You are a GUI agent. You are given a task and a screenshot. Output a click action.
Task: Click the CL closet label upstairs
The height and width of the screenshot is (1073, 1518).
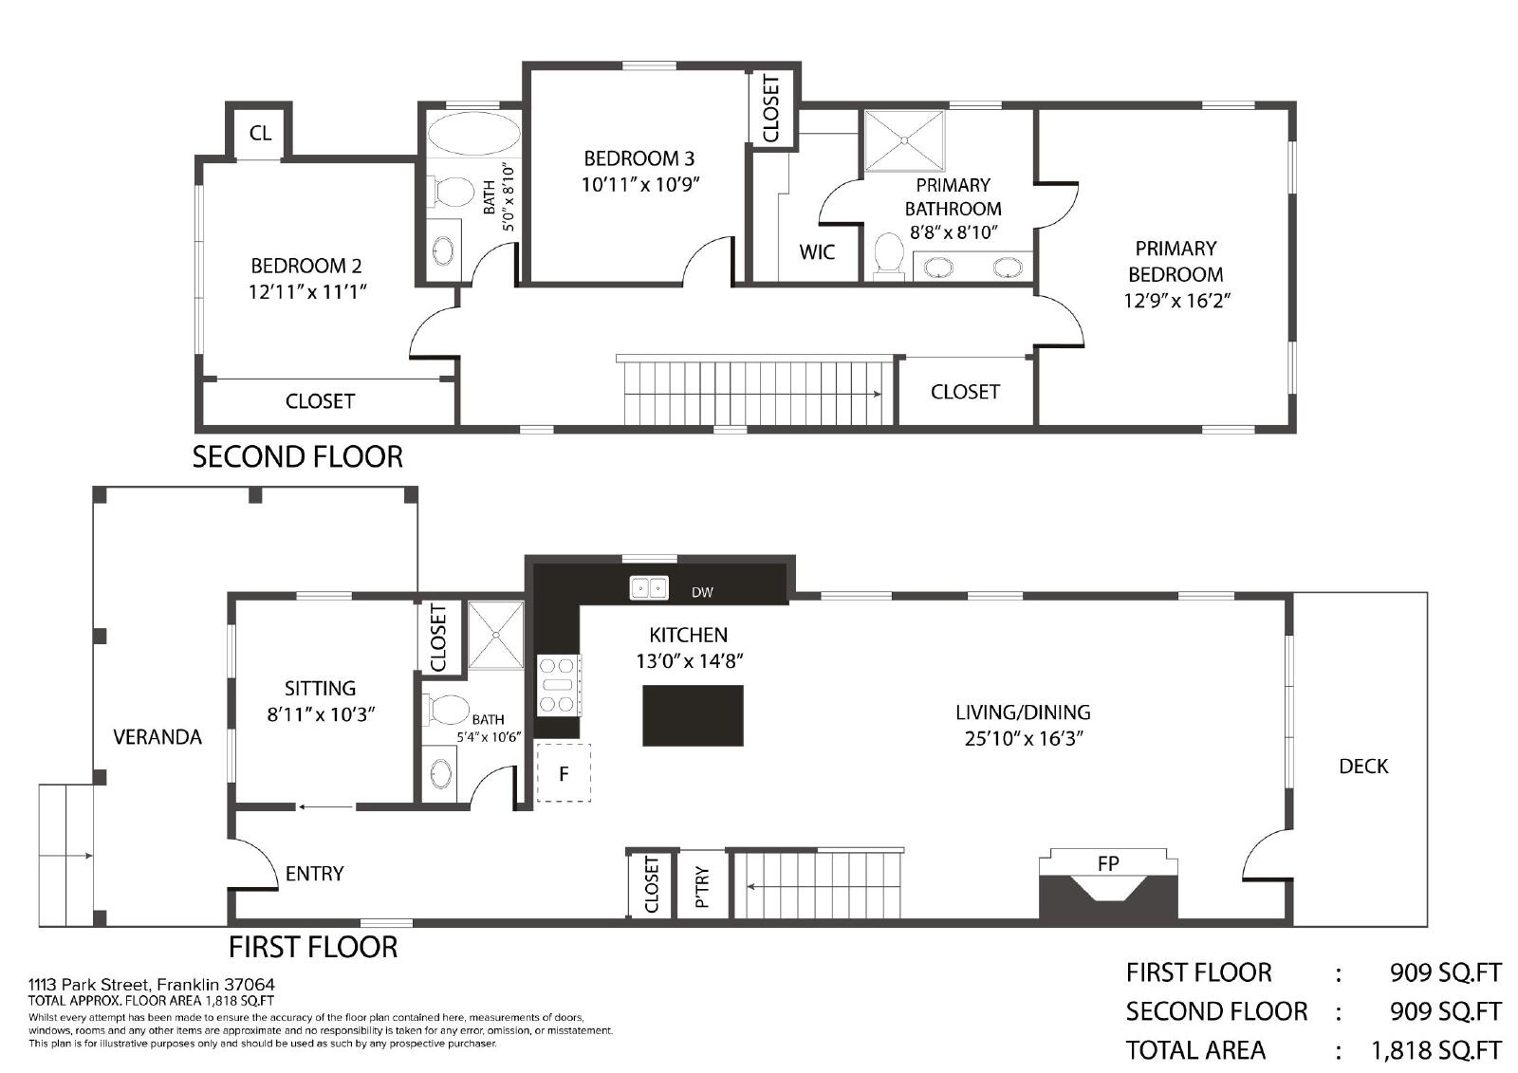(260, 133)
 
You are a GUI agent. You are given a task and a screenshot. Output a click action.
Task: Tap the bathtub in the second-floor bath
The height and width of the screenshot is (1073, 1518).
(473, 134)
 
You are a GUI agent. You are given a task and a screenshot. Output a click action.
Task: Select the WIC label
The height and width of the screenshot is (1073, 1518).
(817, 252)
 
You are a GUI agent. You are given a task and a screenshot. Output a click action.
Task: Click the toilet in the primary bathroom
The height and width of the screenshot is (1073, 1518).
(889, 255)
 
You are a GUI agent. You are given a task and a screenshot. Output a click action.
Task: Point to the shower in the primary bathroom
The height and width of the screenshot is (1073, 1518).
(905, 141)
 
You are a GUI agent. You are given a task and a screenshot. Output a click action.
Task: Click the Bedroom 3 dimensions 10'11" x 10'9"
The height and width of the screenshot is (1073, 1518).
(640, 184)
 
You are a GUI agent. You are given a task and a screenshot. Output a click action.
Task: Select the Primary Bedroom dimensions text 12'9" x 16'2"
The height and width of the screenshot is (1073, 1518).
(1176, 301)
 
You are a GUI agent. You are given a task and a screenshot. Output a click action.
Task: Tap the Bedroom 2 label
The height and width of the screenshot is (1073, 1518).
(306, 266)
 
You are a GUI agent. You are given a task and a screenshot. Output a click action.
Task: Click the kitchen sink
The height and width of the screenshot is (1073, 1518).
(649, 587)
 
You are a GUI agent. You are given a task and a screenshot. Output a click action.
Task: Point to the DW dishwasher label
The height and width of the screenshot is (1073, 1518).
(702, 592)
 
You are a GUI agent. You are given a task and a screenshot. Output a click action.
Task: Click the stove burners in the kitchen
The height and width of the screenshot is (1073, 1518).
(559, 685)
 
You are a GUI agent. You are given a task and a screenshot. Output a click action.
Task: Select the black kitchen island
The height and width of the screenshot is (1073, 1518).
(693, 715)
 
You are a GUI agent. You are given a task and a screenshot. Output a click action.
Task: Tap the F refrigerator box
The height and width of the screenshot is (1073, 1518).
(564, 773)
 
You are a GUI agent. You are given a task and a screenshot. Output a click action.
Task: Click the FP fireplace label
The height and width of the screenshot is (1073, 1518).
(1108, 863)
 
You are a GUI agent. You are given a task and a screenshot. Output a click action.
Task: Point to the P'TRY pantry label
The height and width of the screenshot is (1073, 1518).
(702, 887)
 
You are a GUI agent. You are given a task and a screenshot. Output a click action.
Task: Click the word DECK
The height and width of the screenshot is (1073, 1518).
(1363, 766)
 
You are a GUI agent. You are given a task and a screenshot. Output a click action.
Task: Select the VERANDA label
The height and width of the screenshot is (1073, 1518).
(157, 737)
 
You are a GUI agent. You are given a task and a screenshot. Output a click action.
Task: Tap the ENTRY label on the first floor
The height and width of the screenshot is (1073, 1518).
(314, 874)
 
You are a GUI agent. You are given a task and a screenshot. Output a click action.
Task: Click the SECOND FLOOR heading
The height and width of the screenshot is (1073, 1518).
(298, 457)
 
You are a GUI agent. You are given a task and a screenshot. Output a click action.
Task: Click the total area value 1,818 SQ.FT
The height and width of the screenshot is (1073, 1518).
(1436, 1050)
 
